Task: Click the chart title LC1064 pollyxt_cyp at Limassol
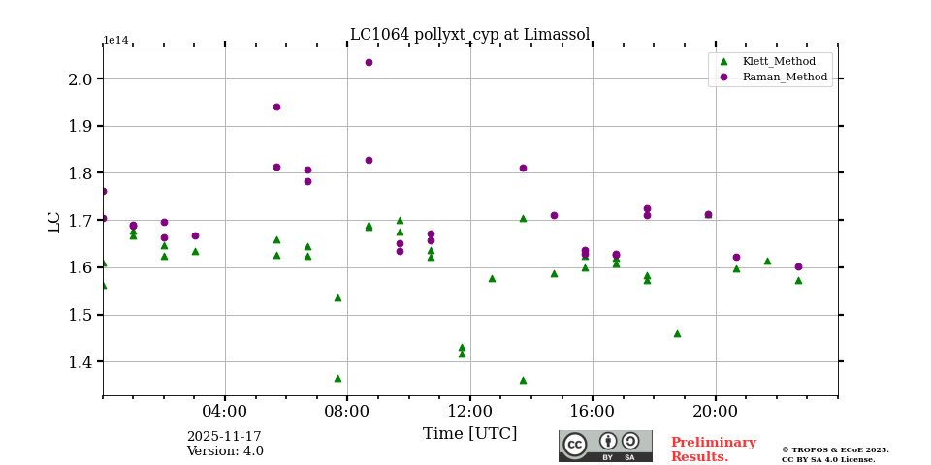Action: (x=469, y=35)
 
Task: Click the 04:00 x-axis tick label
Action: (x=225, y=410)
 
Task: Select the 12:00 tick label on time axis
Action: (x=470, y=410)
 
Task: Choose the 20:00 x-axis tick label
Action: (x=716, y=410)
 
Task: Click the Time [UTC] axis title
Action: (x=469, y=434)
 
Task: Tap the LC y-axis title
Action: (x=54, y=221)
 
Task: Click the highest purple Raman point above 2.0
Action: (x=369, y=63)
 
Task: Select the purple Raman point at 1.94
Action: (x=276, y=108)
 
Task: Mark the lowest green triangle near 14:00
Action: (x=523, y=380)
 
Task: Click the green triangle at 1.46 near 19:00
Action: (x=677, y=333)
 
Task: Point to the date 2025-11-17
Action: (x=224, y=437)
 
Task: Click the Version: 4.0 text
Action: (x=224, y=451)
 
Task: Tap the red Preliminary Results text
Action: (x=713, y=449)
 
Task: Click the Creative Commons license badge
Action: (x=605, y=446)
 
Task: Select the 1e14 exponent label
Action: (x=115, y=41)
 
